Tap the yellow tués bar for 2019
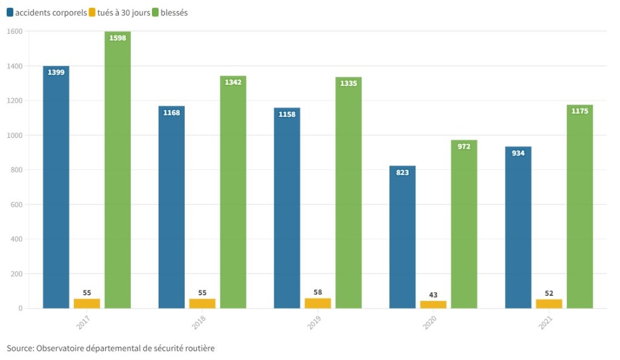coord(318,303)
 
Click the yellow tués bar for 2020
coord(433,304)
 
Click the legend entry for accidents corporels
coord(47,13)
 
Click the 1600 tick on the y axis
coord(15,31)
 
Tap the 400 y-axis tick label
coord(16,240)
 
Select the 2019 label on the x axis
coord(314,322)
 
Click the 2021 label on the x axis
coord(546,322)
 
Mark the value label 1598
coord(117,38)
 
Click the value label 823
coord(403,172)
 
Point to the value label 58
coord(318,292)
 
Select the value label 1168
coord(171,113)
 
